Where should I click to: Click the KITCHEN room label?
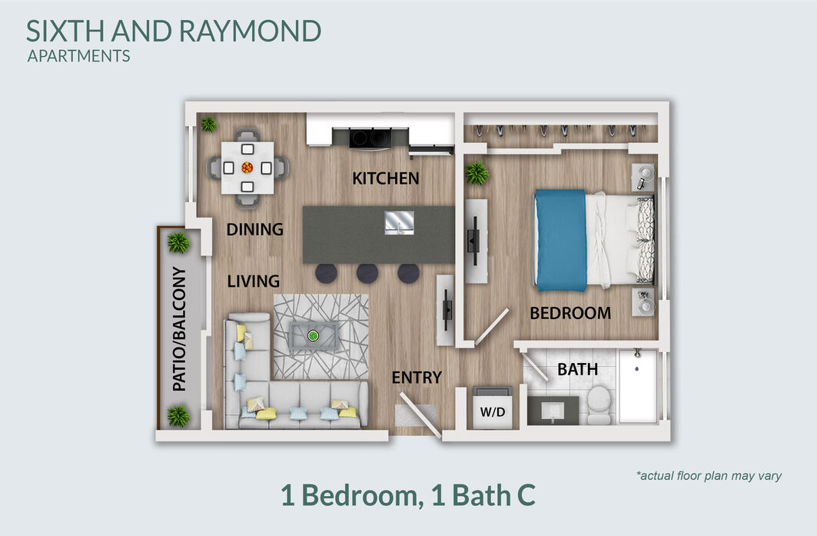(386, 178)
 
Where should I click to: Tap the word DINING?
(255, 229)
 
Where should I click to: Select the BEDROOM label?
(570, 313)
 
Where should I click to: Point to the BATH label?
(577, 369)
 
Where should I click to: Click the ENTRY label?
(417, 377)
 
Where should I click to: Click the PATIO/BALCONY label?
(179, 329)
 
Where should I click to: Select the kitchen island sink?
(399, 223)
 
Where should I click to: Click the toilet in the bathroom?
(599, 404)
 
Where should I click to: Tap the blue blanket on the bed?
(560, 240)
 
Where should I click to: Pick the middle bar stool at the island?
(367, 273)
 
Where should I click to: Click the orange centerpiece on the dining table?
(247, 168)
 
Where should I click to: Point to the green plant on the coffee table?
(313, 336)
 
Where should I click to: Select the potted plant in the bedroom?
(477, 172)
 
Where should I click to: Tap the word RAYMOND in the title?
(251, 31)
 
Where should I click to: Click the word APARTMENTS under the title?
(78, 56)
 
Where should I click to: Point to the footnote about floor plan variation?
(709, 475)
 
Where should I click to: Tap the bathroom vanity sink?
(553, 411)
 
